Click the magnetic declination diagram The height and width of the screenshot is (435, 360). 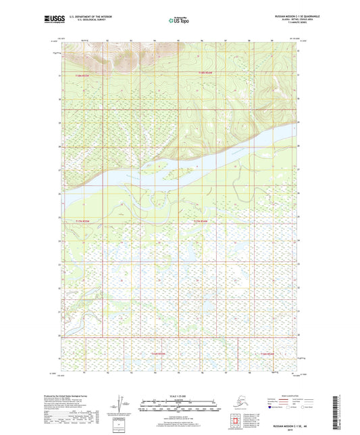(122, 404)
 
